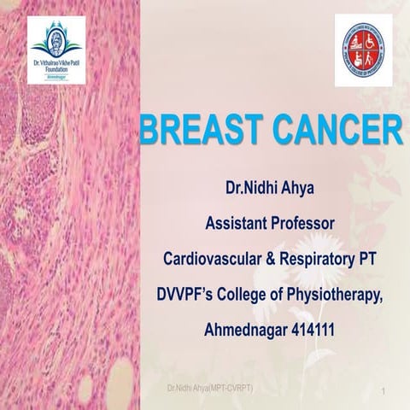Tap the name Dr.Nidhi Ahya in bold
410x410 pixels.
(270, 193)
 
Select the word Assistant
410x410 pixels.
(235, 225)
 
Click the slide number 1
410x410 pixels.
(386, 390)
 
